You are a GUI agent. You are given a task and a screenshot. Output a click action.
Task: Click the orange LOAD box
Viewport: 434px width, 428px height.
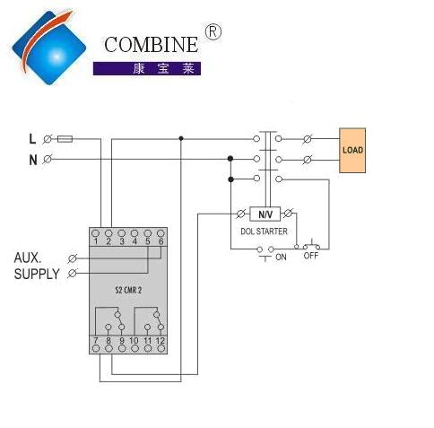coord(352,150)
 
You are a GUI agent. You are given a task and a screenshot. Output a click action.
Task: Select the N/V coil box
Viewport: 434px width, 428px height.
coord(265,214)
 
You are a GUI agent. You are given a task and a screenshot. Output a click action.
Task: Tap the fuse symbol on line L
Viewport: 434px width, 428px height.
coord(65,139)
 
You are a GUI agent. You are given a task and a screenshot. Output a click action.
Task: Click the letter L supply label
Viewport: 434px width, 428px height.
coord(32,139)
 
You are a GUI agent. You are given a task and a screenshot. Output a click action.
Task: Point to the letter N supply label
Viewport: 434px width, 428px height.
coord(33,160)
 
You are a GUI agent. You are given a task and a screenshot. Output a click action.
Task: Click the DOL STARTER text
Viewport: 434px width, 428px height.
coord(264,231)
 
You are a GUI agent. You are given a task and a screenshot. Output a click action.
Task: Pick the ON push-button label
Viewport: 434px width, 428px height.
coord(281,257)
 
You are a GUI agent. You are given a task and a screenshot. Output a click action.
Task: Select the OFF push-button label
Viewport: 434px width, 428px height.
coord(311,256)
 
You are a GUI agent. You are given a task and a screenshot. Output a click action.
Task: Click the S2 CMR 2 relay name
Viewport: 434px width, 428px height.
coord(128,290)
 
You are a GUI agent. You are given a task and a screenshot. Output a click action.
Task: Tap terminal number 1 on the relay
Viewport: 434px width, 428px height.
coord(96,241)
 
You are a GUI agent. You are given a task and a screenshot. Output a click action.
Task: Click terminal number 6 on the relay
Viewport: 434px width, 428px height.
coord(161,241)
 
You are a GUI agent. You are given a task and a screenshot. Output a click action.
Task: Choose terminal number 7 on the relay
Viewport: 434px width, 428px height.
coord(95,340)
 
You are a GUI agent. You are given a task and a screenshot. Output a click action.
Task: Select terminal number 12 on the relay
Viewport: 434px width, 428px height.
coord(161,340)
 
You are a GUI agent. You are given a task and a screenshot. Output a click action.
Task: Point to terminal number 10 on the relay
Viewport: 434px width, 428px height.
coord(134,340)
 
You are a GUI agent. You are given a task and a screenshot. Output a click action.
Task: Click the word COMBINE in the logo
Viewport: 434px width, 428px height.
coord(151,45)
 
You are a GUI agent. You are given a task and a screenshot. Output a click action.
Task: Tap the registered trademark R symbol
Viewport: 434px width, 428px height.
coord(213,32)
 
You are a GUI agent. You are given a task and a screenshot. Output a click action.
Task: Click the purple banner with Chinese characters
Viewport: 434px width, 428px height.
coord(147,68)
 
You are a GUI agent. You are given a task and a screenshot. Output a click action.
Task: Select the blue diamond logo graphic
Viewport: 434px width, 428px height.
coord(48,48)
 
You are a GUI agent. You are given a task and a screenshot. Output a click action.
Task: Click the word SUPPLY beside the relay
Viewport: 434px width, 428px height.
coord(37,275)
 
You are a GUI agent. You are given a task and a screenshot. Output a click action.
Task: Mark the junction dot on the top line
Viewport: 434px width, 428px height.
coord(181,138)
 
